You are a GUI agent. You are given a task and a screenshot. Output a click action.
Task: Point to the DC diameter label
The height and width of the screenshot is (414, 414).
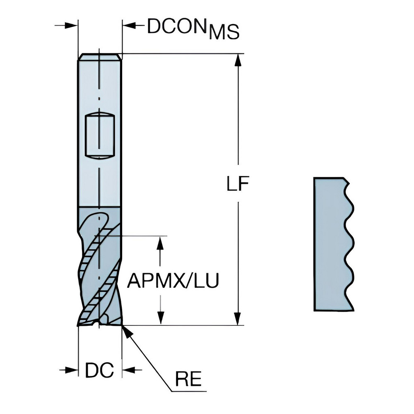(x=99, y=370)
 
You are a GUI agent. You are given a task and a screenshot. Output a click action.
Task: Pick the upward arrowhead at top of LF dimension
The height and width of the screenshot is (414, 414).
(x=238, y=60)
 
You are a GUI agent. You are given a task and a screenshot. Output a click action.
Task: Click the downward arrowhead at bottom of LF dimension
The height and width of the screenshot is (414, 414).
(x=238, y=319)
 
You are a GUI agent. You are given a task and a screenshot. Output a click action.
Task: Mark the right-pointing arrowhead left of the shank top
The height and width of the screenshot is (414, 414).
(x=72, y=26)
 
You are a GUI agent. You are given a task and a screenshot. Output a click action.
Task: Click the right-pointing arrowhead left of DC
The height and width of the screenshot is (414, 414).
(x=73, y=369)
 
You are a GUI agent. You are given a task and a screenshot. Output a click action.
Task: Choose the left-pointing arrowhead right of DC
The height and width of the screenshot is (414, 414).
(x=128, y=369)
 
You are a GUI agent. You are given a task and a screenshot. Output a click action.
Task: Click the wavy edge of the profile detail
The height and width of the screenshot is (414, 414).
(x=349, y=244)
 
